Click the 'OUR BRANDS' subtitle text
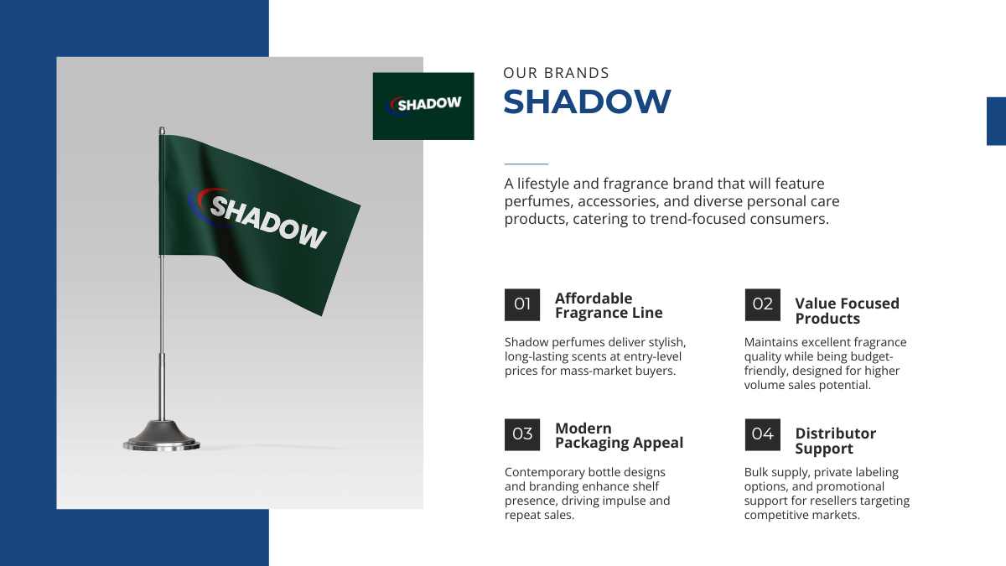coord(556,73)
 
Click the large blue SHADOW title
coord(587,101)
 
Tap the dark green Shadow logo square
coord(423,106)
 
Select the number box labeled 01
coord(521,304)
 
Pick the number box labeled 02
coord(762,304)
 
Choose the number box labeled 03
coord(521,434)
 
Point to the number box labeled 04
coord(762,434)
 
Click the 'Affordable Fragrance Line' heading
coord(609,305)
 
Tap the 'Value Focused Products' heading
coord(847,311)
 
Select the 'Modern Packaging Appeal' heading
coord(619,435)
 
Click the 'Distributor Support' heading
coord(835,441)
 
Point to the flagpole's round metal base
coord(162,435)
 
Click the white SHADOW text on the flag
coord(268,222)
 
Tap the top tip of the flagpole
coord(162,127)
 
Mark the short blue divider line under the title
coord(526,164)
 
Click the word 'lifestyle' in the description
coord(543,184)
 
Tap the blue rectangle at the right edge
coord(996,122)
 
